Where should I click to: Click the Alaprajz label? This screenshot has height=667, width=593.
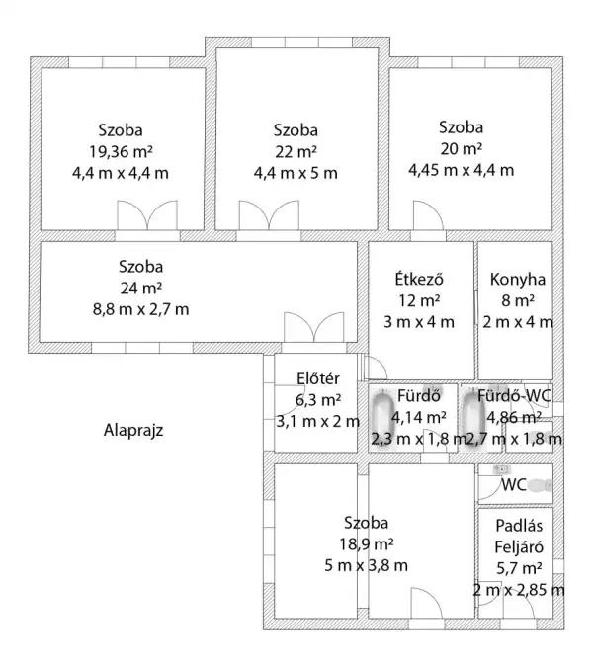[133, 430]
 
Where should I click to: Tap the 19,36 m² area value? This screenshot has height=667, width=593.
[120, 151]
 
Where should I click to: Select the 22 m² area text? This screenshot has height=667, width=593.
[296, 151]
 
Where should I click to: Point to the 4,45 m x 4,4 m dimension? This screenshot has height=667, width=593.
[462, 169]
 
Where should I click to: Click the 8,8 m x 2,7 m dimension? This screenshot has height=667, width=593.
[140, 308]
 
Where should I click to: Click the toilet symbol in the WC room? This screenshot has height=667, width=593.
[538, 485]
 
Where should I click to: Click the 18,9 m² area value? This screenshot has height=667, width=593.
[366, 543]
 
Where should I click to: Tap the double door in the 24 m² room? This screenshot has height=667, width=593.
[311, 327]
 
